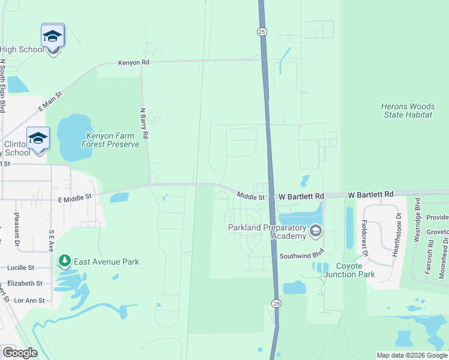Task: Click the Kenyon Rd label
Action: (133, 62)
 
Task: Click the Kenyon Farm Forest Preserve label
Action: (113, 140)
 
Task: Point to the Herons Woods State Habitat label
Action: (406, 110)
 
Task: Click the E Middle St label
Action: (74, 196)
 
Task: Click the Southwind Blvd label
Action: (301, 256)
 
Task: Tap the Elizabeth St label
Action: (25, 283)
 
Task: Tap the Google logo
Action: (20, 353)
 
